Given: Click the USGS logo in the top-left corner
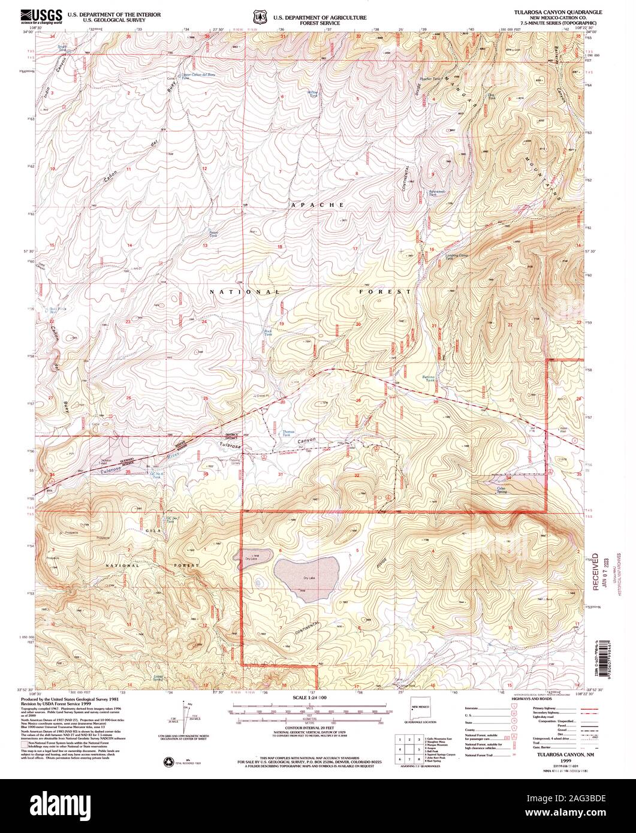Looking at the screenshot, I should click(x=43, y=16).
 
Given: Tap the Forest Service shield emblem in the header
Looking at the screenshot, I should click(x=259, y=19).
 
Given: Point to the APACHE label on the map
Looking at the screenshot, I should click(x=317, y=205).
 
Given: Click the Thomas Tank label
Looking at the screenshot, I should click(x=288, y=433).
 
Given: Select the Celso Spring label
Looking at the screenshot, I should click(x=497, y=488).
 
